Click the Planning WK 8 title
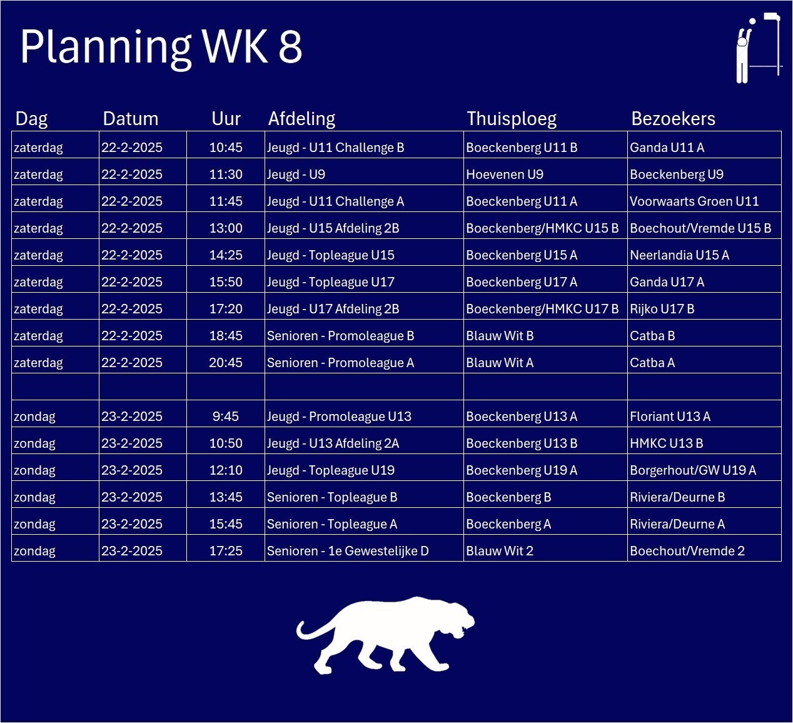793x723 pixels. (x=161, y=47)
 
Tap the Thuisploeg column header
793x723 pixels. (x=512, y=119)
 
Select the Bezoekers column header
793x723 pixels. (x=673, y=119)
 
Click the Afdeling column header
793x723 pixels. (x=301, y=119)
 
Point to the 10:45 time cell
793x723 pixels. (x=226, y=148)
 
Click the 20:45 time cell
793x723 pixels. (x=226, y=363)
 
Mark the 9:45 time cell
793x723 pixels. (x=226, y=417)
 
